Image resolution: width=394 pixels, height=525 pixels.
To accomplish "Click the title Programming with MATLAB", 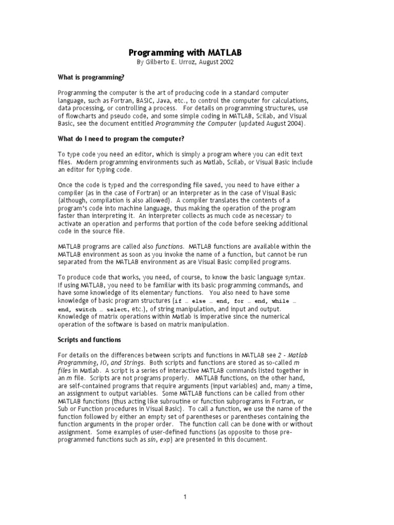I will pyautogui.click(x=185, y=52).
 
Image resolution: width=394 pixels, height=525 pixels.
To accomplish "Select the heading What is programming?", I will pyautogui.click(x=91, y=77).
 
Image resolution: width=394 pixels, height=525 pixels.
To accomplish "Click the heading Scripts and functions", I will pyautogui.click(x=89, y=339).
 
